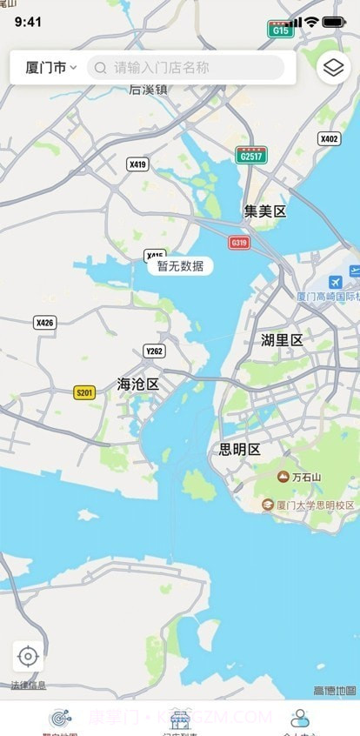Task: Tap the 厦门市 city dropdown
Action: point(50,67)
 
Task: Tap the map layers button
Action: point(333,67)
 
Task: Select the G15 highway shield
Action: point(280,29)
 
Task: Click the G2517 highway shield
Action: point(251,155)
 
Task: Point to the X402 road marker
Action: point(330,138)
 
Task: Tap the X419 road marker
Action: point(137,164)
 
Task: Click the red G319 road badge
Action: point(239,242)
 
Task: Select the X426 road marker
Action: point(44,323)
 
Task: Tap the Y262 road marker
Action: point(154,351)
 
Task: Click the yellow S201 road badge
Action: point(84,392)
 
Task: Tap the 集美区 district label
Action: point(264,211)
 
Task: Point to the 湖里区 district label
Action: point(282,340)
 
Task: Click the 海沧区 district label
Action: point(138,384)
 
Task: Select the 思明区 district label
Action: point(239,450)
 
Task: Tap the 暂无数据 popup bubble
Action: point(180,266)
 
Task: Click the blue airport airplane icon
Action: point(336,283)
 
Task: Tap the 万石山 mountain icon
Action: point(283,476)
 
